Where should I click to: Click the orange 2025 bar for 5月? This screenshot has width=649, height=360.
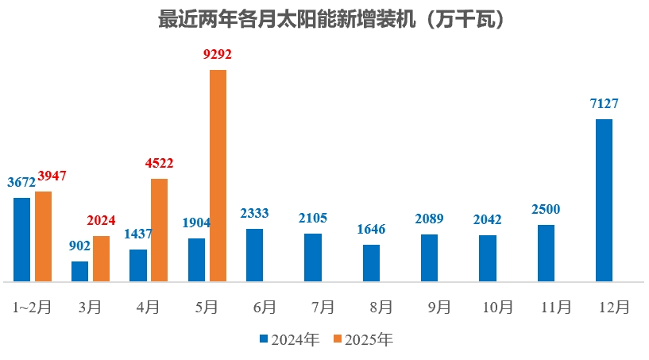tap(218, 176)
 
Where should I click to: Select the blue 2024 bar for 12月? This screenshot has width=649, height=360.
tap(604, 200)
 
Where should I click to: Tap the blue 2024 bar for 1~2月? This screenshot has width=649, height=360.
tap(22, 239)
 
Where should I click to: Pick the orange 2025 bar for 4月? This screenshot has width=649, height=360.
tap(160, 230)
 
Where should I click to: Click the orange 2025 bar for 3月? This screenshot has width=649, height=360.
tap(102, 258)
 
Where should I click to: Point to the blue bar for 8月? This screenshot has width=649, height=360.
tap(371, 263)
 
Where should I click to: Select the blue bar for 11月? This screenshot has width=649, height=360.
tap(546, 253)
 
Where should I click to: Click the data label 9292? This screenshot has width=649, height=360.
tap(218, 55)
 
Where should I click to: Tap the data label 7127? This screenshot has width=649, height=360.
tap(604, 104)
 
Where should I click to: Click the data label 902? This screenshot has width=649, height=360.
tap(79, 246)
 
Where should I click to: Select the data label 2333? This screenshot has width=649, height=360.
tap(254, 214)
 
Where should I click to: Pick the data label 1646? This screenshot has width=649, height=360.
tap(371, 230)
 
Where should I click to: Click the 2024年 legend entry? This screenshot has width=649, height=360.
tap(289, 340)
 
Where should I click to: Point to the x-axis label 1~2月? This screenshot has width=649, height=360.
tap(33, 307)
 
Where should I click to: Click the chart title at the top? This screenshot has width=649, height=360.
tap(324, 20)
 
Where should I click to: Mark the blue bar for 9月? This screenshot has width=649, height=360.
tap(429, 257)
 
